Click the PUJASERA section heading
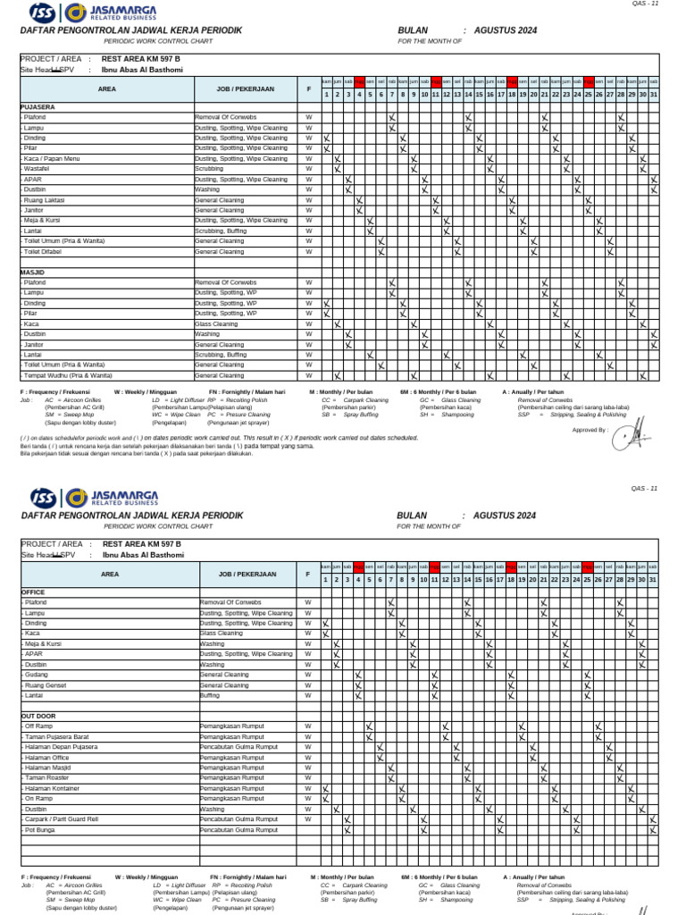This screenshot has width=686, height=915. (38, 106)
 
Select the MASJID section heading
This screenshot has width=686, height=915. (33, 272)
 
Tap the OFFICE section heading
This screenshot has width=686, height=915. (33, 592)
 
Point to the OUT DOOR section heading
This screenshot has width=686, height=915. (38, 717)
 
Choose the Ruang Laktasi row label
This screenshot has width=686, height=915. (44, 200)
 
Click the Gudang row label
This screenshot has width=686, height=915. (37, 675)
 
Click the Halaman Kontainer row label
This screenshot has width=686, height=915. (54, 788)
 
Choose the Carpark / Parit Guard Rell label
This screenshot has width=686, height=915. (62, 819)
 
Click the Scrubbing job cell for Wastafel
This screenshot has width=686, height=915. (209, 169)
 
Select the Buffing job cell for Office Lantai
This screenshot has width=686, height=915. (210, 695)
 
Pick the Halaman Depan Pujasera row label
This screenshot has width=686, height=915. (61, 747)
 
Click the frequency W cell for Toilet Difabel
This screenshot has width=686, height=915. (309, 252)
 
